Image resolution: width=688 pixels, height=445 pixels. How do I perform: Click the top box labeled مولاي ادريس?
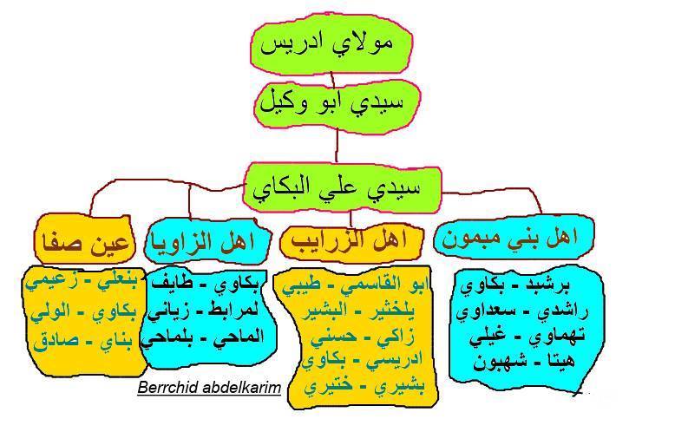point(331,45)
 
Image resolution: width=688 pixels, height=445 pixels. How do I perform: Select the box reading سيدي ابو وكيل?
point(337,106)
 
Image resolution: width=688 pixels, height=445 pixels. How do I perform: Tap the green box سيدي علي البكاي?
point(341,188)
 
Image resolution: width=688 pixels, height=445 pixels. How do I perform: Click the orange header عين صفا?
point(84,240)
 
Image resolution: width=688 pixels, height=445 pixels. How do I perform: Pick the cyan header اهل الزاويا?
point(207,241)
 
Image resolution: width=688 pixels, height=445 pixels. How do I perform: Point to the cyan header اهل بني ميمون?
point(514,239)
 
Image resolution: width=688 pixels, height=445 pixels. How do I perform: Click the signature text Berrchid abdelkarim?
point(209,388)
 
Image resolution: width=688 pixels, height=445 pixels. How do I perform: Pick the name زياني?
point(168,311)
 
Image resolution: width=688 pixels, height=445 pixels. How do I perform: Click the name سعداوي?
point(478,311)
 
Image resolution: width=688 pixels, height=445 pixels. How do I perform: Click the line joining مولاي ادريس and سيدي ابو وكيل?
point(333,80)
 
